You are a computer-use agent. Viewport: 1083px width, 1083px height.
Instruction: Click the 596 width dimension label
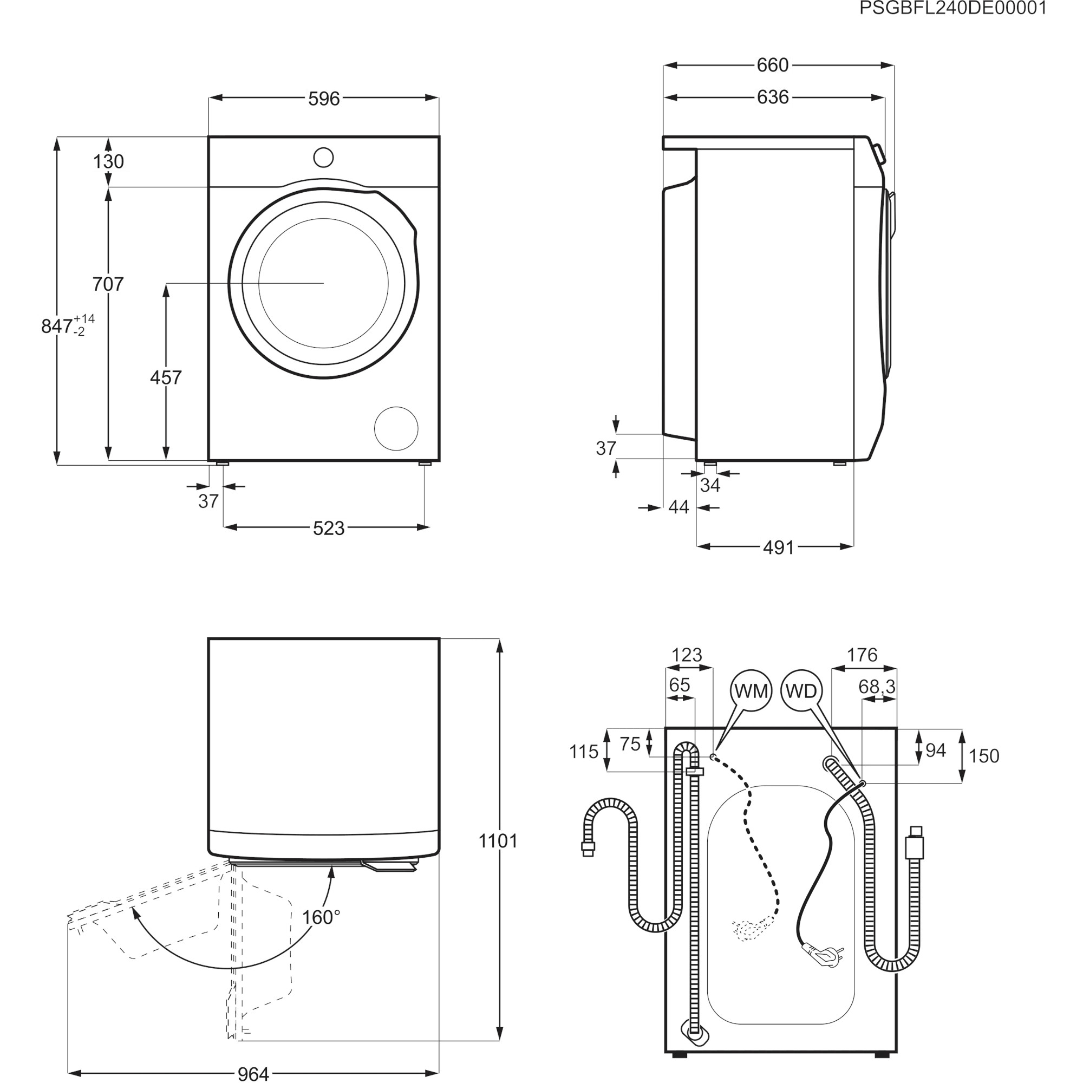point(324,99)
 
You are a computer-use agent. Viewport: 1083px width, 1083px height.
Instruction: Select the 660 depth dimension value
point(773,66)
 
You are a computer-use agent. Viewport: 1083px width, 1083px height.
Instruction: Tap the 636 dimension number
point(773,97)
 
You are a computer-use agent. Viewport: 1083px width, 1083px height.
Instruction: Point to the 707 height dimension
point(108,284)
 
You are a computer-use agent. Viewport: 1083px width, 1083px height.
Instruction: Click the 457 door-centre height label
point(166,377)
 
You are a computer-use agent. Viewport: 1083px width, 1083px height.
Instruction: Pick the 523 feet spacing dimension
point(329,528)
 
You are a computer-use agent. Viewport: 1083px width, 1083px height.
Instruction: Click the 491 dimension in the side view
point(779,547)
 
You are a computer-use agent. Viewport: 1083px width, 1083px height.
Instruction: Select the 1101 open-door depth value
point(498,840)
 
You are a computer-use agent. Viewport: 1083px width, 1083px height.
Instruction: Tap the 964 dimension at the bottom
point(253,1073)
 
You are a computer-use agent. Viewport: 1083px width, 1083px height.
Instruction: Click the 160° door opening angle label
point(321,917)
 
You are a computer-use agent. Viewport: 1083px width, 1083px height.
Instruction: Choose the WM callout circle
point(751,691)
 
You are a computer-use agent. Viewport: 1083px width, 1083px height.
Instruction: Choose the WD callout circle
point(801,691)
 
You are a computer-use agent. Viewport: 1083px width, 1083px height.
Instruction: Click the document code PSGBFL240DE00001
point(953,9)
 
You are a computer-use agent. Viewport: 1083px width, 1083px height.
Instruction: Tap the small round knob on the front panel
point(323,158)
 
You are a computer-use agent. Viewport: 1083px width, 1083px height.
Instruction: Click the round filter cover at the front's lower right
point(396,429)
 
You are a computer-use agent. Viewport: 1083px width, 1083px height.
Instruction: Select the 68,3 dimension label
point(877,687)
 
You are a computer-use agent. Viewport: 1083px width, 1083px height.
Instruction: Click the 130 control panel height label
point(108,161)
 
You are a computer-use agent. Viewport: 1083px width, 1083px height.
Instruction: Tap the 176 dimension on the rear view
point(862,655)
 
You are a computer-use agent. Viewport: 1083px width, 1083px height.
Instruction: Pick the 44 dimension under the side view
point(679,507)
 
